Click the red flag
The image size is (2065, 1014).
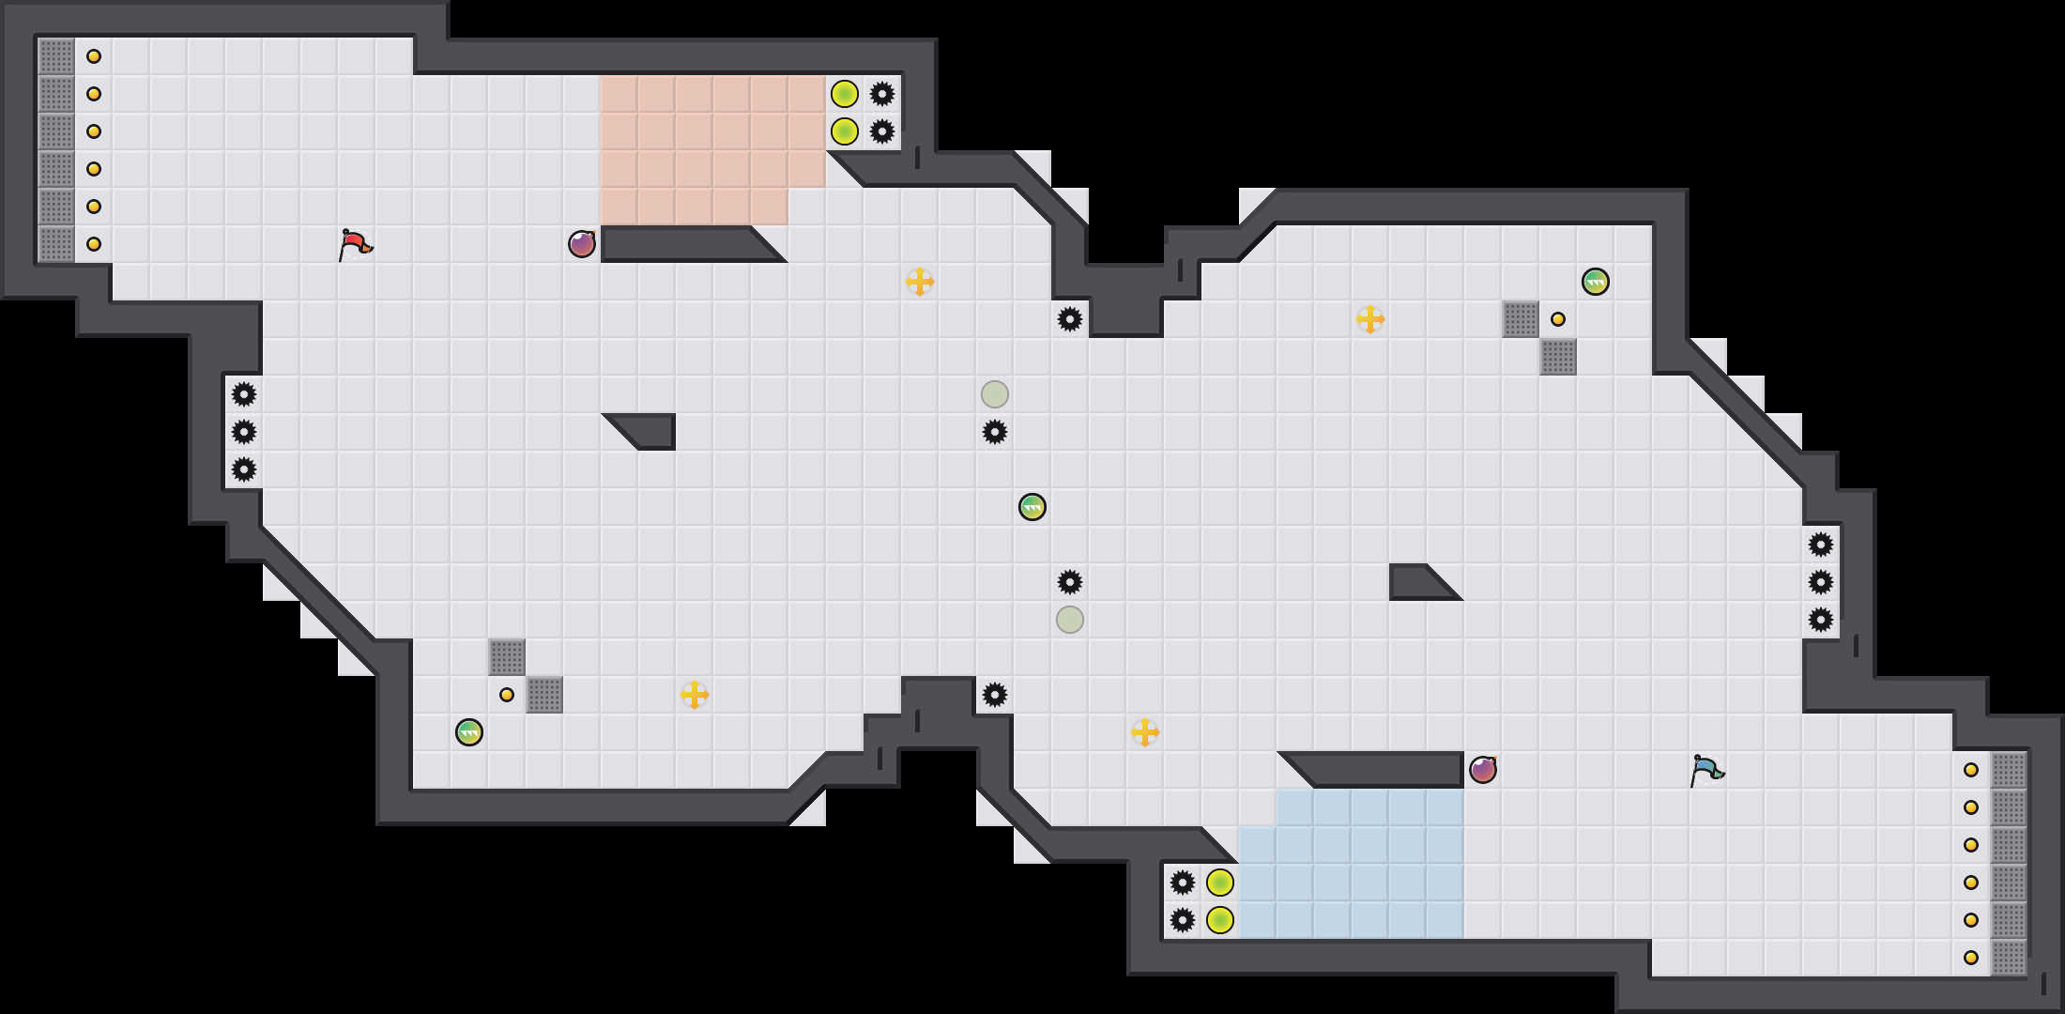(355, 244)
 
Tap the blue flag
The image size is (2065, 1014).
(1706, 770)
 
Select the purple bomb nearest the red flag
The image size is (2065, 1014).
(582, 244)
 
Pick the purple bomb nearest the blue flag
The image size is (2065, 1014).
(1483, 770)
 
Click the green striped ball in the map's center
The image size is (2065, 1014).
(1032, 507)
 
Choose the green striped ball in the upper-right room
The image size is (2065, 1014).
(1596, 282)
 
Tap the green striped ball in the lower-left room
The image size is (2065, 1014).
(469, 732)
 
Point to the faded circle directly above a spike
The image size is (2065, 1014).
(995, 394)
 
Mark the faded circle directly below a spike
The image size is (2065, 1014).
(1070, 620)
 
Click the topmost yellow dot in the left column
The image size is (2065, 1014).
(94, 56)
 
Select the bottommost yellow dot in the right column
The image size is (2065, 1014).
(1971, 958)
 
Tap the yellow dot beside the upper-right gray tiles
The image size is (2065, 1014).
(1558, 319)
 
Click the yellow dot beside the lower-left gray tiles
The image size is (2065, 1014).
(507, 695)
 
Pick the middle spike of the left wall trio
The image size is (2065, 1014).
(244, 432)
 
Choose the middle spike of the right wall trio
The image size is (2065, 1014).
(1821, 582)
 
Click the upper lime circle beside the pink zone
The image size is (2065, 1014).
(845, 94)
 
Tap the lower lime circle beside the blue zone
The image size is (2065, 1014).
(1220, 920)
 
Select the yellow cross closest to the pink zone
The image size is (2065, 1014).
(920, 282)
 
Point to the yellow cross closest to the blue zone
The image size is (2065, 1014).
(1145, 732)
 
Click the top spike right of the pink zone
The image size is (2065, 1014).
(882, 94)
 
